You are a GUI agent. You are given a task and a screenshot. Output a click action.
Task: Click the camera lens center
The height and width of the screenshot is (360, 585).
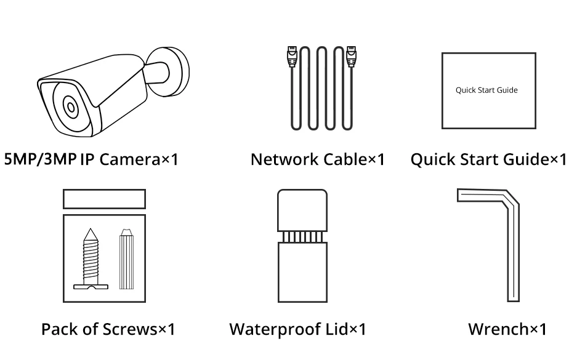click(x=71, y=107)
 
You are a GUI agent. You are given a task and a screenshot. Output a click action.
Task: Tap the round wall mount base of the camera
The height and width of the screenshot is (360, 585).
click(x=175, y=71)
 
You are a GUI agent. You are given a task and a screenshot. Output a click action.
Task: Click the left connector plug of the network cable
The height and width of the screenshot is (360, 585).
click(x=292, y=56)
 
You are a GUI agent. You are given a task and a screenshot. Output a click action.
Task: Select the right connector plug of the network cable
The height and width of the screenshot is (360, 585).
click(x=351, y=56)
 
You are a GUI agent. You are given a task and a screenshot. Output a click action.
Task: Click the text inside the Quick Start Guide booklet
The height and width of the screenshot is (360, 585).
click(x=486, y=90)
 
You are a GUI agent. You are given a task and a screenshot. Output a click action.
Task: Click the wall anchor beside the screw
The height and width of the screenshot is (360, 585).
click(x=126, y=259)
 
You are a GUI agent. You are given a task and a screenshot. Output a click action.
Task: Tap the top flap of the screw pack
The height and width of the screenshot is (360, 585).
click(x=105, y=199)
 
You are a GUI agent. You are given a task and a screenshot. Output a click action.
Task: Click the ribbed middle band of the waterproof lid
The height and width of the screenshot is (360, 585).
click(x=302, y=237)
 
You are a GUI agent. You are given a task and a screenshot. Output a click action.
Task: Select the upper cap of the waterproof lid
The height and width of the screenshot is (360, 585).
click(x=302, y=210)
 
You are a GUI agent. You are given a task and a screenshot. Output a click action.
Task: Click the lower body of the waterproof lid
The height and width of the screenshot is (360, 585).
click(x=302, y=272)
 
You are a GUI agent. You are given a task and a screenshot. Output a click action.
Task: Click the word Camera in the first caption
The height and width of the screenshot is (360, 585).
click(x=130, y=159)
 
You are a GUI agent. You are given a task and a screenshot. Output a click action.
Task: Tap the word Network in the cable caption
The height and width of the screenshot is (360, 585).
click(x=284, y=159)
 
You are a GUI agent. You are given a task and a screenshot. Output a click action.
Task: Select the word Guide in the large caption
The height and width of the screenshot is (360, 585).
click(x=526, y=159)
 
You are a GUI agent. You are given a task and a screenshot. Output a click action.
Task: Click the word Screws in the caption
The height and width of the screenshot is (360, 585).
click(x=130, y=329)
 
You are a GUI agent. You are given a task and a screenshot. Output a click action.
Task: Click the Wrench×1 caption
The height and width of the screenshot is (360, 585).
click(x=507, y=329)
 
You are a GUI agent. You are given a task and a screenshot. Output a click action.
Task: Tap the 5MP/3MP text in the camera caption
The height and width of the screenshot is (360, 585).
click(x=40, y=159)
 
